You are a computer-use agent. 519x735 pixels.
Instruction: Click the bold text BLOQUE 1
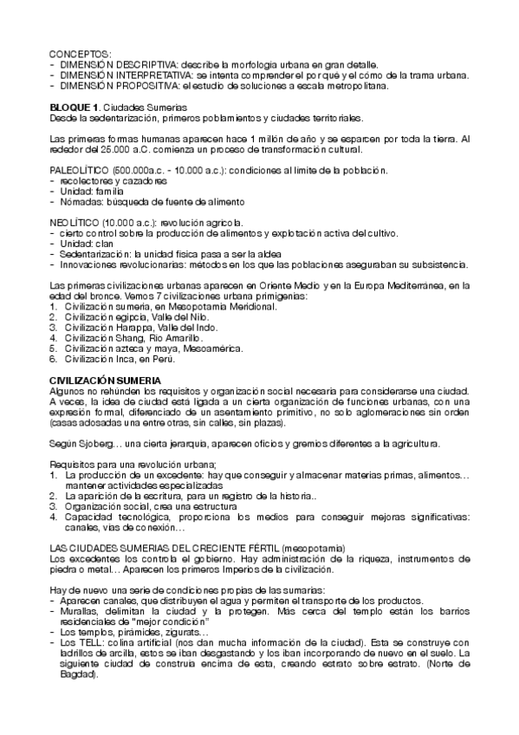tap(69, 107)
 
